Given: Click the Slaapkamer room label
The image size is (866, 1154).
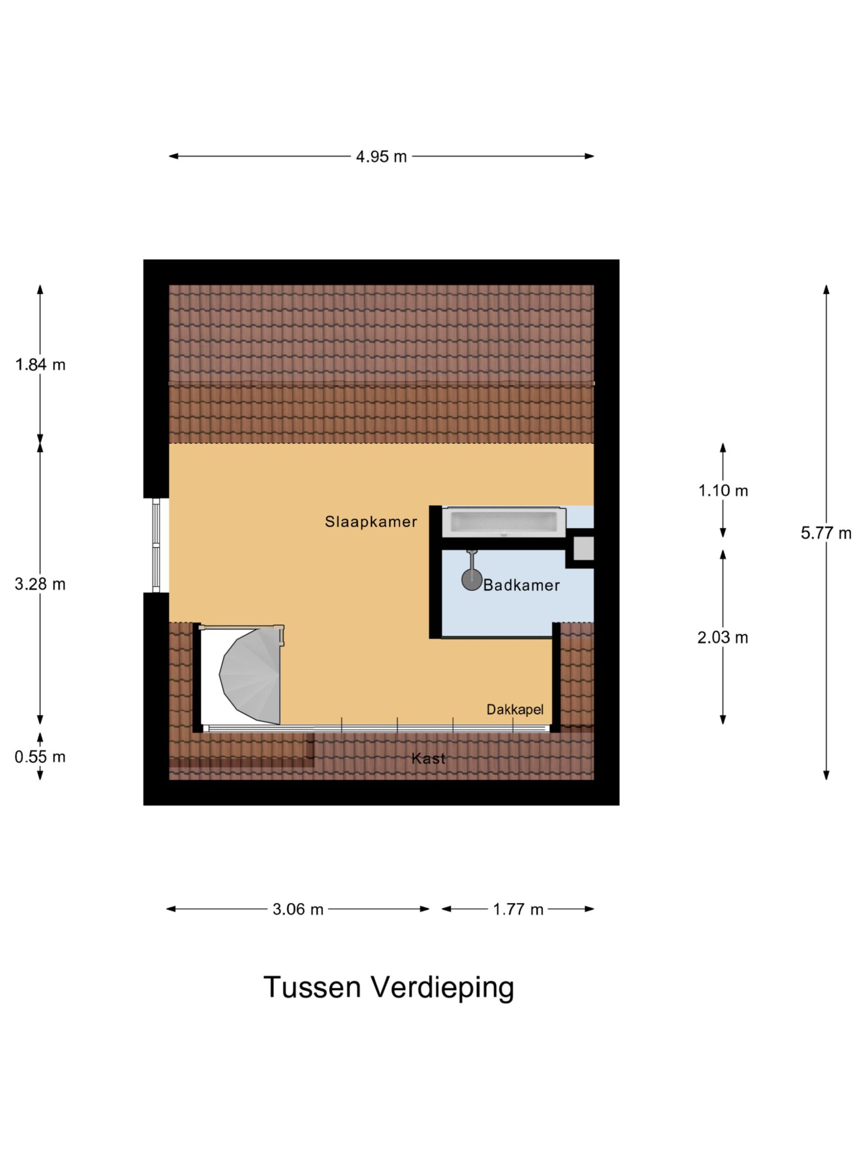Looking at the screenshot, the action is coord(371,521).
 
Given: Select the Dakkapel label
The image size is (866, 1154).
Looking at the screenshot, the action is coord(515,709).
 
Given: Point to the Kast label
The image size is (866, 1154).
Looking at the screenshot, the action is coord(428,758).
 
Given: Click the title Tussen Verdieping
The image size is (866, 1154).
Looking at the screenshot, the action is coord(389,988).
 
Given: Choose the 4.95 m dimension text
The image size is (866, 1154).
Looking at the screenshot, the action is coord(381,156).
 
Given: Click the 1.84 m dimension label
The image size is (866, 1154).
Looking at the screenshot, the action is coord(40,365).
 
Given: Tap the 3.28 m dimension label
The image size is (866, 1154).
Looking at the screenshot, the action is coord(40,584).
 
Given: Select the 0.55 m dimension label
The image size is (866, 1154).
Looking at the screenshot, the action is coord(40,756).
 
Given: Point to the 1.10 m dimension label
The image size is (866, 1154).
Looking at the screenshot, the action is coord(723,490).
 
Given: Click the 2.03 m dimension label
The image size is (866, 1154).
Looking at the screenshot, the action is coord(723,637).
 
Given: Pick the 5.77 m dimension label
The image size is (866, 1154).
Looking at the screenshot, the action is coord(826,533).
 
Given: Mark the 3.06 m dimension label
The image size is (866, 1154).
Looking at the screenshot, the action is coord(298,909).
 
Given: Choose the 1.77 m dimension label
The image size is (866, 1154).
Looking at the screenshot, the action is coord(518,909).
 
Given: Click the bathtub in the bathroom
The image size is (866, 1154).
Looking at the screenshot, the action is coord(504,522).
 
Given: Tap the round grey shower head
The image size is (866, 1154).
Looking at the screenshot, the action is coord(471,581).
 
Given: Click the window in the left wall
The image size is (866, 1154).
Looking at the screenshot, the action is coord(156,545).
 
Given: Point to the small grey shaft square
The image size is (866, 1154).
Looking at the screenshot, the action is coord(584,548).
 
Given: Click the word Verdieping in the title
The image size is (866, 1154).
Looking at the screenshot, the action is coord(442,988).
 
